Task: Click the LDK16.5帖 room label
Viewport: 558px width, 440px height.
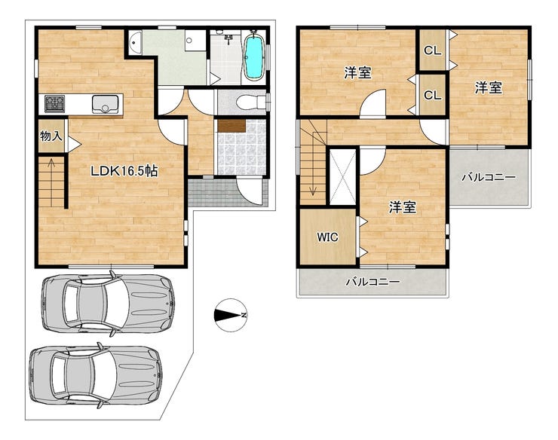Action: click(x=124, y=172)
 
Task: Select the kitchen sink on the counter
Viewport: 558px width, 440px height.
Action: click(x=105, y=103)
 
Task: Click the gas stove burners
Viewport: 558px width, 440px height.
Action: click(x=54, y=103)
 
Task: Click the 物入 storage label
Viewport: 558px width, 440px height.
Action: click(x=51, y=136)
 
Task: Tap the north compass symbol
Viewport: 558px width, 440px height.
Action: click(x=231, y=315)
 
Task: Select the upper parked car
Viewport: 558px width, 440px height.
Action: click(x=108, y=304)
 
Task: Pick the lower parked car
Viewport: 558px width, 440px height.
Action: click(x=95, y=376)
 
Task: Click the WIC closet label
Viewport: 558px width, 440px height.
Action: click(x=328, y=237)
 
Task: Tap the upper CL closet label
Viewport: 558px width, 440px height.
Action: click(x=432, y=51)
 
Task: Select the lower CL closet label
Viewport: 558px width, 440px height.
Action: click(x=432, y=95)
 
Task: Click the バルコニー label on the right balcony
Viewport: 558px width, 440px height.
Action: click(x=489, y=177)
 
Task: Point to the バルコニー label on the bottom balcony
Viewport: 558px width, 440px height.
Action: click(x=373, y=282)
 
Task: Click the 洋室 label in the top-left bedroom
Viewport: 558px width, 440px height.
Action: click(x=357, y=73)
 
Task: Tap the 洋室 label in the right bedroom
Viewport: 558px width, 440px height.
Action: click(x=489, y=87)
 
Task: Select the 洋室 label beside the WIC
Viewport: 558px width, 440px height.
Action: click(x=402, y=207)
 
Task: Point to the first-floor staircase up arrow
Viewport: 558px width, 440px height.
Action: click(x=51, y=182)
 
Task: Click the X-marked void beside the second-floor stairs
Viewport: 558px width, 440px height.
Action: click(x=342, y=177)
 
